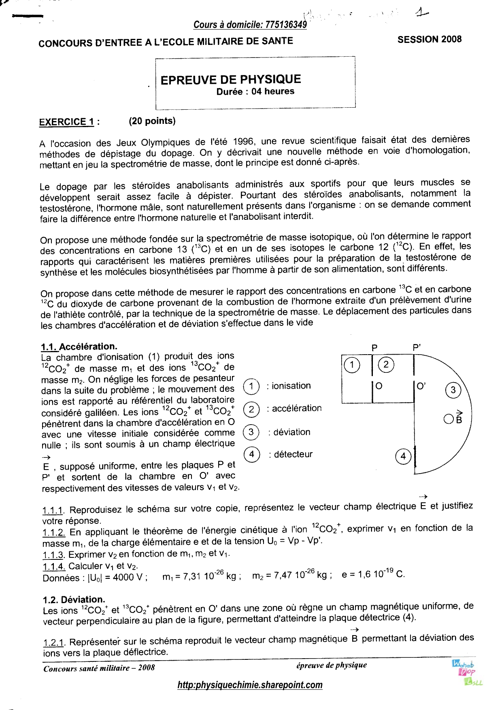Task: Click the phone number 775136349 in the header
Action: point(286,25)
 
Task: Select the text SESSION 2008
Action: point(429,39)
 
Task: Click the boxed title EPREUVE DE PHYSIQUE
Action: point(231,79)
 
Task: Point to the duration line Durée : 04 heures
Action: point(255,91)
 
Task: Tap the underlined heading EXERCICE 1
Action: point(66,122)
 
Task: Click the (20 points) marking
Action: point(152,121)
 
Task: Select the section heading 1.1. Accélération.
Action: point(79,346)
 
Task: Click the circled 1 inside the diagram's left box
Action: point(351,365)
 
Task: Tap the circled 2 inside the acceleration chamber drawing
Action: point(386,365)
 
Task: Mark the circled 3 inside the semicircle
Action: point(453,390)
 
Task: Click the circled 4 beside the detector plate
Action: point(403,457)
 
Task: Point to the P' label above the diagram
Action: point(417,347)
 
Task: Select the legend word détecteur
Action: point(293,454)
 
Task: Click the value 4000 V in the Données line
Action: point(128,577)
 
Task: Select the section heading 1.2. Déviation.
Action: point(74,599)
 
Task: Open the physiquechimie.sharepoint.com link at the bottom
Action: point(250,685)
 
